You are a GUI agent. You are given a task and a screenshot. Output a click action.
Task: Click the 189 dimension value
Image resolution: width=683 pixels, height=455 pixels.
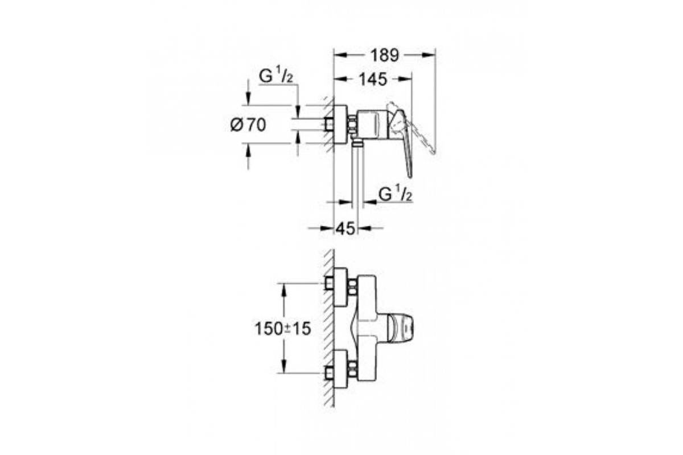(385, 56)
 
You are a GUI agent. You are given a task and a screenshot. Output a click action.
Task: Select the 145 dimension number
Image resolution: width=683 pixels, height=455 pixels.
(373, 80)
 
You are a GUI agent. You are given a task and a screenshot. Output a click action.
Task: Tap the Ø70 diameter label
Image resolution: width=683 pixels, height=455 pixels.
(248, 125)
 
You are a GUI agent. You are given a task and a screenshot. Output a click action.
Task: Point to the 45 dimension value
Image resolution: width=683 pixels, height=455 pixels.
(345, 229)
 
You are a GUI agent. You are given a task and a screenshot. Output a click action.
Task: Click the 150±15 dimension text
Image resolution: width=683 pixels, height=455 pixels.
(283, 329)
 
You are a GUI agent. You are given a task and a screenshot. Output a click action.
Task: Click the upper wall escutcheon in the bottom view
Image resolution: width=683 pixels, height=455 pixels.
(341, 287)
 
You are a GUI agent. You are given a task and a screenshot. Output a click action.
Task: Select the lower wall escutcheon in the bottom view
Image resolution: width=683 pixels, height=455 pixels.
(341, 369)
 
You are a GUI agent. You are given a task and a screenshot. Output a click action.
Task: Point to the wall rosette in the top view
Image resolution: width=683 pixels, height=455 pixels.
(340, 124)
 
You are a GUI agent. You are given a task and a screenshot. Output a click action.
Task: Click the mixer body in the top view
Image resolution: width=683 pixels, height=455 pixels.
(373, 124)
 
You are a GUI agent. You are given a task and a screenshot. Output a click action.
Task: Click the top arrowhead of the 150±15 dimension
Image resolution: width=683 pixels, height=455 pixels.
(284, 290)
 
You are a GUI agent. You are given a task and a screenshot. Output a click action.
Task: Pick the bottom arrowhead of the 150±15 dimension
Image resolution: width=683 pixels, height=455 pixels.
(284, 366)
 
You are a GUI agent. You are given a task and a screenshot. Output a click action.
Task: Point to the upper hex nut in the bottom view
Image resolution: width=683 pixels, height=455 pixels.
(352, 287)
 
